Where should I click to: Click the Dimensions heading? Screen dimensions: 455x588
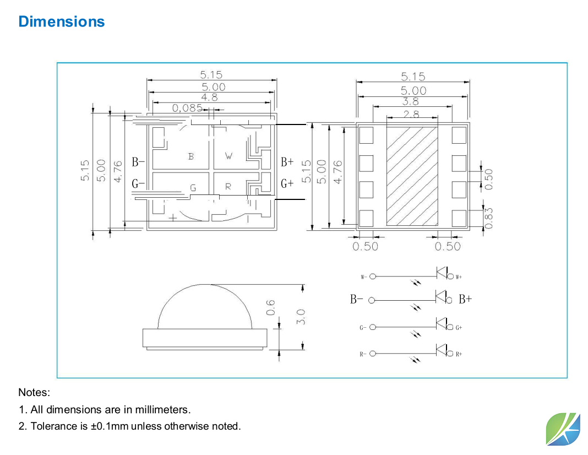(61, 21)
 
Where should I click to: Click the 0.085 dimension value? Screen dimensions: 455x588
(187, 107)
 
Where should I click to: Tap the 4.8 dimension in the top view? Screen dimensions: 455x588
(210, 97)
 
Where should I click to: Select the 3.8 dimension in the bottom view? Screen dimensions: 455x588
(410, 101)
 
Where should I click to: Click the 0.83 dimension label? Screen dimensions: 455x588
(488, 217)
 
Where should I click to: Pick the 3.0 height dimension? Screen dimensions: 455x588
(300, 317)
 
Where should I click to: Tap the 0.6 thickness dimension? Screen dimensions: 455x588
(270, 307)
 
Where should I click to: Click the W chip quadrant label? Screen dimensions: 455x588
(228, 156)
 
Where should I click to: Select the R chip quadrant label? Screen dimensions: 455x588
(228, 187)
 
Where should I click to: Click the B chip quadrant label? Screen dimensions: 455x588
(191, 156)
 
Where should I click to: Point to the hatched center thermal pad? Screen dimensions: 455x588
(412, 176)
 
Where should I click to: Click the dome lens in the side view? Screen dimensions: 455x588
(205, 308)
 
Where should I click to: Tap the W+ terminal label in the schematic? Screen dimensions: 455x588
(459, 277)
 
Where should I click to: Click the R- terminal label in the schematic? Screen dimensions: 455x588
(363, 354)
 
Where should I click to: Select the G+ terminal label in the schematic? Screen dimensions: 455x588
(459, 328)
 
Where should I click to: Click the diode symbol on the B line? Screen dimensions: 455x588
(440, 297)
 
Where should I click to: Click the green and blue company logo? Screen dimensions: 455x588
(563, 428)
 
